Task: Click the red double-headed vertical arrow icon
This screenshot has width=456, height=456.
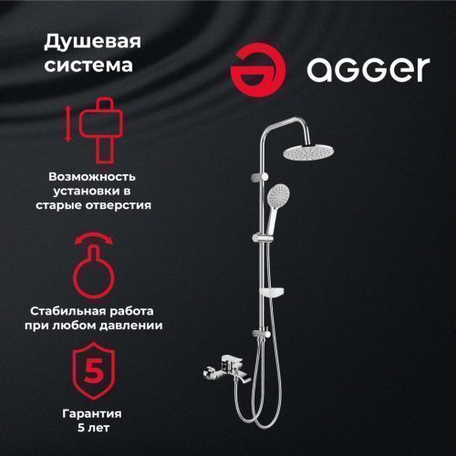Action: tap(68, 125)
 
